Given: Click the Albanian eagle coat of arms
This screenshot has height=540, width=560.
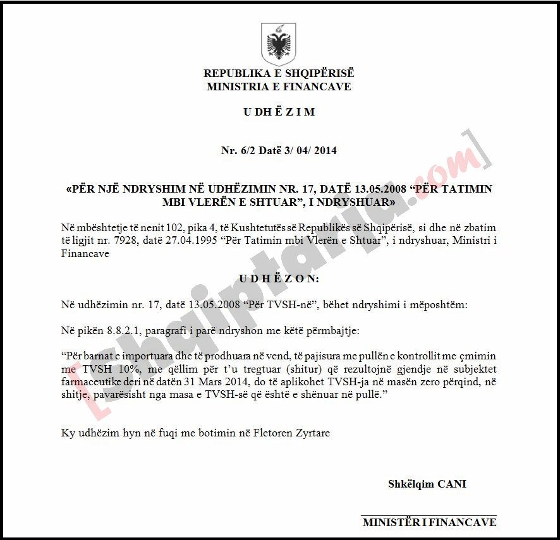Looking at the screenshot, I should (278, 44).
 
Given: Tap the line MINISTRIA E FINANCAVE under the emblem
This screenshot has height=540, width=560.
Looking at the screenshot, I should (279, 87).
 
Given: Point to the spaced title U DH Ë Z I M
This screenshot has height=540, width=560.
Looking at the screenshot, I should (279, 112).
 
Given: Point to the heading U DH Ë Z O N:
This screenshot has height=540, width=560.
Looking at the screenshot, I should (279, 279).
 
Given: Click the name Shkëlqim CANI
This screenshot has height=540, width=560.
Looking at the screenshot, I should (427, 484).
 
